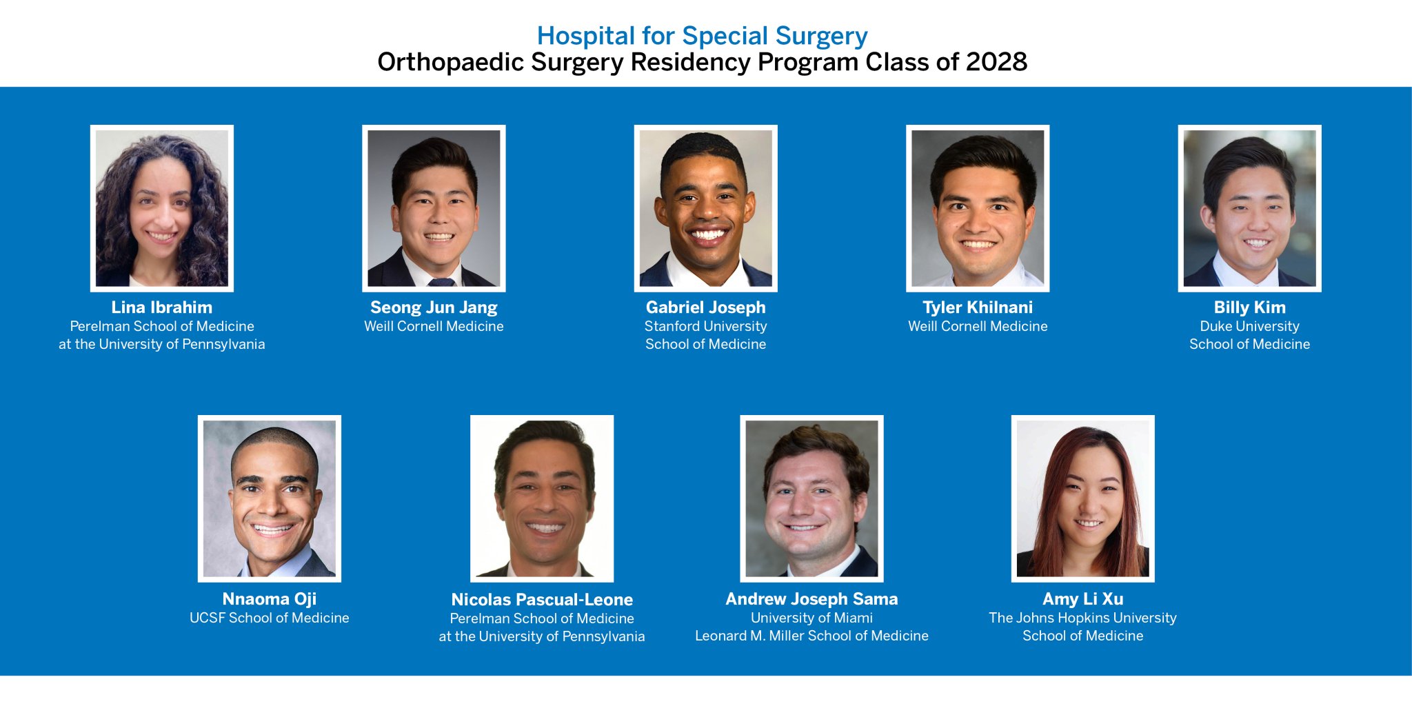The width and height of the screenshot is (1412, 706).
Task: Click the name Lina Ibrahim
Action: [x=161, y=307]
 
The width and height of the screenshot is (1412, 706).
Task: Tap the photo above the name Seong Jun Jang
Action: [x=434, y=208]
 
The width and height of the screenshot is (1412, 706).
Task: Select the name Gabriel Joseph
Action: [x=705, y=307]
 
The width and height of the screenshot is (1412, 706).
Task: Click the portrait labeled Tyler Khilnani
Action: [x=977, y=208]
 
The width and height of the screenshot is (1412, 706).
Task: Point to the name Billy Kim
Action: [x=1249, y=307]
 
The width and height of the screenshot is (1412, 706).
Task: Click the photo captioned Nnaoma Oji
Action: [x=269, y=498]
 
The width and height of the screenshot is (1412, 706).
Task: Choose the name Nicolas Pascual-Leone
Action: [x=542, y=600]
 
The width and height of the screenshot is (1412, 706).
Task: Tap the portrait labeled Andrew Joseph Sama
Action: [x=811, y=498]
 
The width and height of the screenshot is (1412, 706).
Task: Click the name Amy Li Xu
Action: [x=1082, y=599]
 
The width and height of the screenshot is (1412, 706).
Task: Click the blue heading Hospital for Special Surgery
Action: [x=702, y=36]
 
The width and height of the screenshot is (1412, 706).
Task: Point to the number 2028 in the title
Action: [x=996, y=62]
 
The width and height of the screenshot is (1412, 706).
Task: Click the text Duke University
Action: [x=1249, y=326]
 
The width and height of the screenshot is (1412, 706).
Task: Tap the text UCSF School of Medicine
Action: [x=269, y=618]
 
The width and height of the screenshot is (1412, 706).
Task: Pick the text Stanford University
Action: [x=705, y=326]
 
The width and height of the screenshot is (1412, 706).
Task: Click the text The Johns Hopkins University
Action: [x=1082, y=618]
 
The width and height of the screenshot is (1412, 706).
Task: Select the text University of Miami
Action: [x=811, y=618]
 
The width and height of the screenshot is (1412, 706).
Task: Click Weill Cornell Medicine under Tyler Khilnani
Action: [x=977, y=326]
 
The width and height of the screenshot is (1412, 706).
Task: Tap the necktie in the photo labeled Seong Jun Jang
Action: [x=441, y=282]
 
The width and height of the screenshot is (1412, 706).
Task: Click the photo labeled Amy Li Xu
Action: [x=1082, y=498]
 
